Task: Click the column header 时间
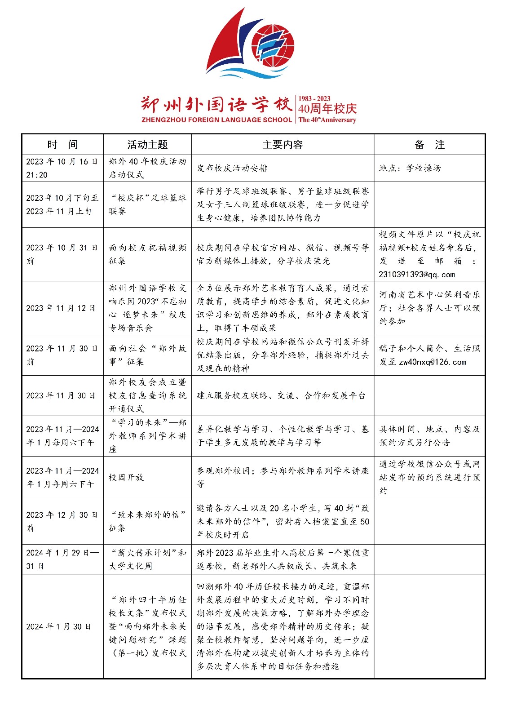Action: (62, 145)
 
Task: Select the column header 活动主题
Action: (147, 145)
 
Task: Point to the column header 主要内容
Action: (283, 145)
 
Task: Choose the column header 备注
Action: (429, 145)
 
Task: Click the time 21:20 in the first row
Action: (37, 175)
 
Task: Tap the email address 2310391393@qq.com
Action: (416, 275)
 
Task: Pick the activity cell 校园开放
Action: (126, 477)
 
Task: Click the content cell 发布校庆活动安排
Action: (232, 168)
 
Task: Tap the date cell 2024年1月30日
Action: (58, 626)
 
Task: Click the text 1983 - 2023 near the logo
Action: (314, 98)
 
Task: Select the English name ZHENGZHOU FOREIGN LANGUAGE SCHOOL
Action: (216, 120)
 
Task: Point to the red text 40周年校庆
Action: (327, 109)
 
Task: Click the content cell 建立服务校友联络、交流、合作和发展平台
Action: (281, 395)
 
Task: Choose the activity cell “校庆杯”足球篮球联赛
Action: (147, 204)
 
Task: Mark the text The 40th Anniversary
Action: (327, 120)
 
